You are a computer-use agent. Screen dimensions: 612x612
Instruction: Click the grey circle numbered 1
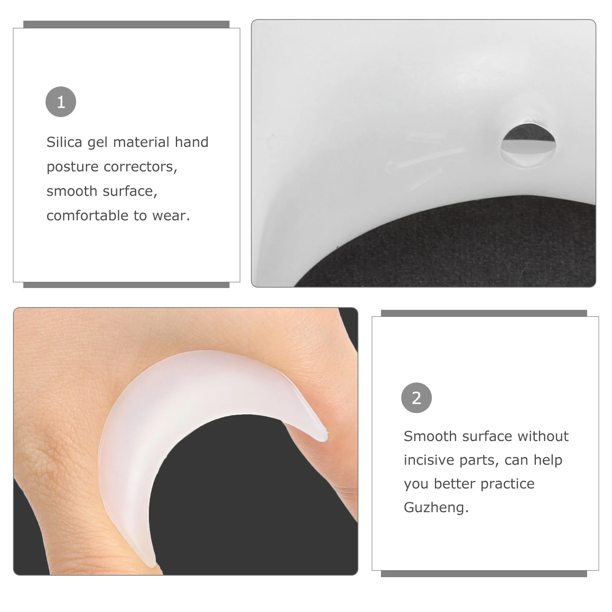click(x=61, y=102)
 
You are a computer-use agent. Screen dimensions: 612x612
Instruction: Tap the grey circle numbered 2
click(x=416, y=398)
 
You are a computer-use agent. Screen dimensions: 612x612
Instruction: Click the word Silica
click(x=64, y=142)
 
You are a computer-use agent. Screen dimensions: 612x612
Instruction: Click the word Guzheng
click(x=436, y=508)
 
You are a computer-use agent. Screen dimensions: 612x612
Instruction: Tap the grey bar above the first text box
click(x=126, y=24)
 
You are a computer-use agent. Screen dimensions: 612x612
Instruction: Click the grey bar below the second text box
click(x=484, y=574)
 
